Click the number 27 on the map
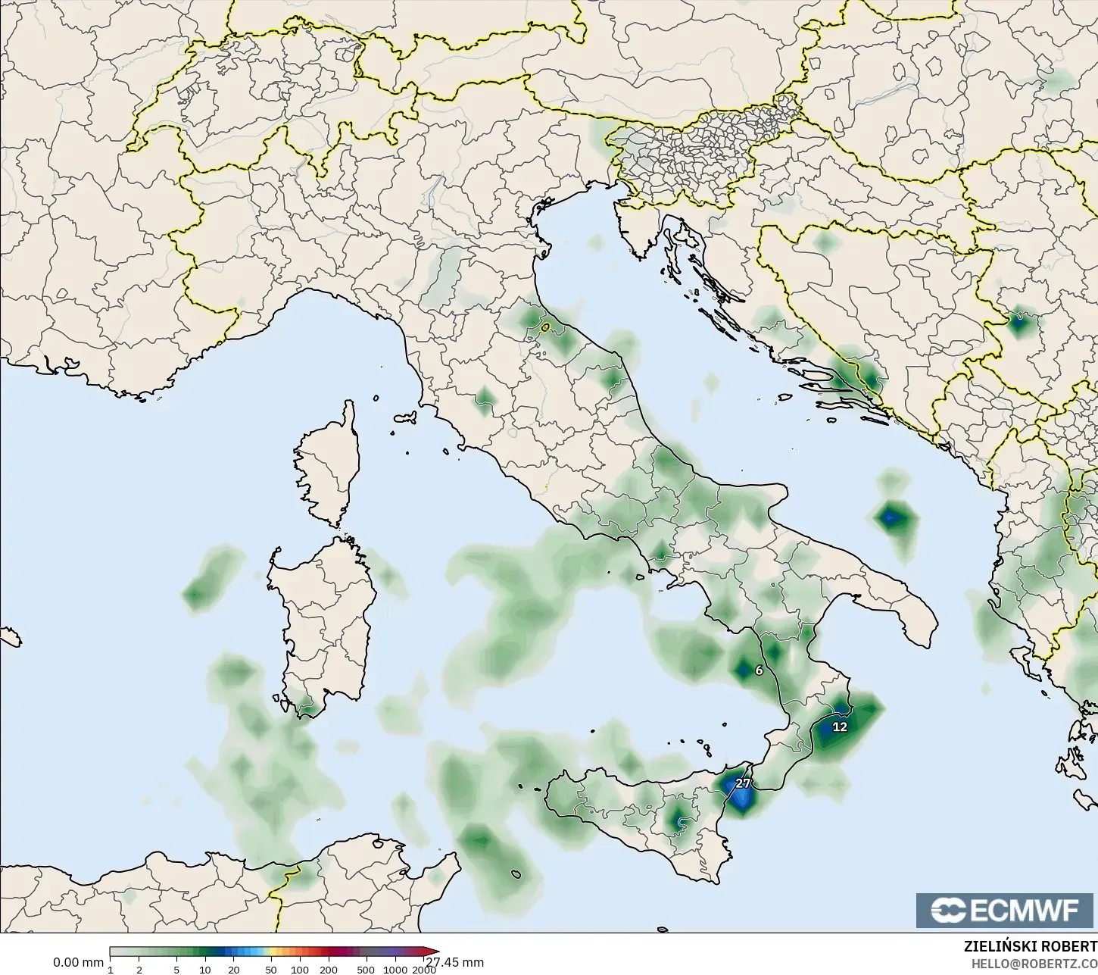tap(742, 783)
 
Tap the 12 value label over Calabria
tap(840, 727)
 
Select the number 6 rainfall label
tap(760, 670)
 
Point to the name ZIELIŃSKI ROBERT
tap(1030, 947)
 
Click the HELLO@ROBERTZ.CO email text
tap(1034, 963)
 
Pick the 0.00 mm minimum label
tap(78, 962)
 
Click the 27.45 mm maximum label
tap(454, 963)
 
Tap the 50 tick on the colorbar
tap(271, 969)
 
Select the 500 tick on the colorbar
tap(366, 969)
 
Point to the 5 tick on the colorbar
tap(176, 969)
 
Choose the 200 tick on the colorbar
tap(328, 969)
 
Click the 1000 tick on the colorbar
tap(395, 969)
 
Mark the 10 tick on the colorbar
tap(205, 969)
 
